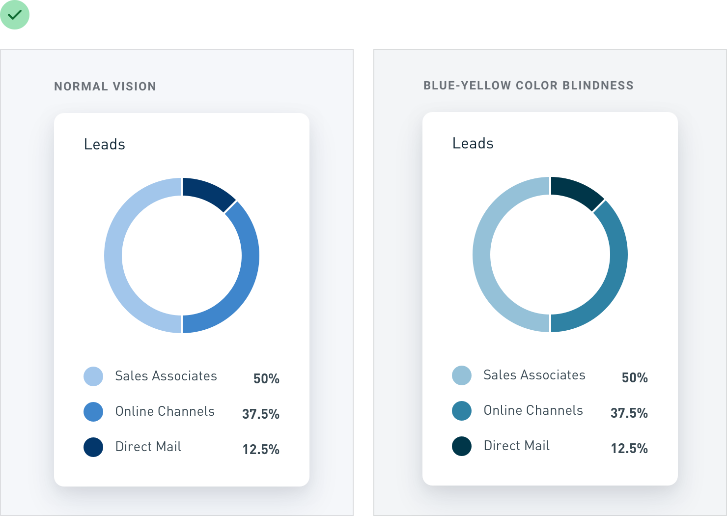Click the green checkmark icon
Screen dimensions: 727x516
(15, 15)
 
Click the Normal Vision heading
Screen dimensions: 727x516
(105, 86)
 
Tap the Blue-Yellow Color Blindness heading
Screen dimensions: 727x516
(529, 86)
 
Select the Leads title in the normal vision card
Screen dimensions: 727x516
(105, 144)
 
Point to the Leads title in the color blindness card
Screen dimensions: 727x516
(473, 143)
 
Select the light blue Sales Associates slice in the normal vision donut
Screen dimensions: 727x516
(113, 256)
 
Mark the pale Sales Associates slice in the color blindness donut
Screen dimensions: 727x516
(481, 255)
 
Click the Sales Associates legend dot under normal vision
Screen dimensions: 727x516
(93, 376)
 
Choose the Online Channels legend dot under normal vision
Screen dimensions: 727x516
(93, 412)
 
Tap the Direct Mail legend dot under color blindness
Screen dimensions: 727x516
(462, 446)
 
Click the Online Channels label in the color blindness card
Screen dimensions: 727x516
(533, 410)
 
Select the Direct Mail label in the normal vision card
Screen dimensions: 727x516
(148, 447)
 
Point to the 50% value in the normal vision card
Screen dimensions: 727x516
(266, 378)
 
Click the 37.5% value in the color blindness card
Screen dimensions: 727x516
(629, 413)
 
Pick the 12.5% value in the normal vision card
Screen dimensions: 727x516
(261, 450)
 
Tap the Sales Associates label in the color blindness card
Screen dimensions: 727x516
(534, 375)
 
